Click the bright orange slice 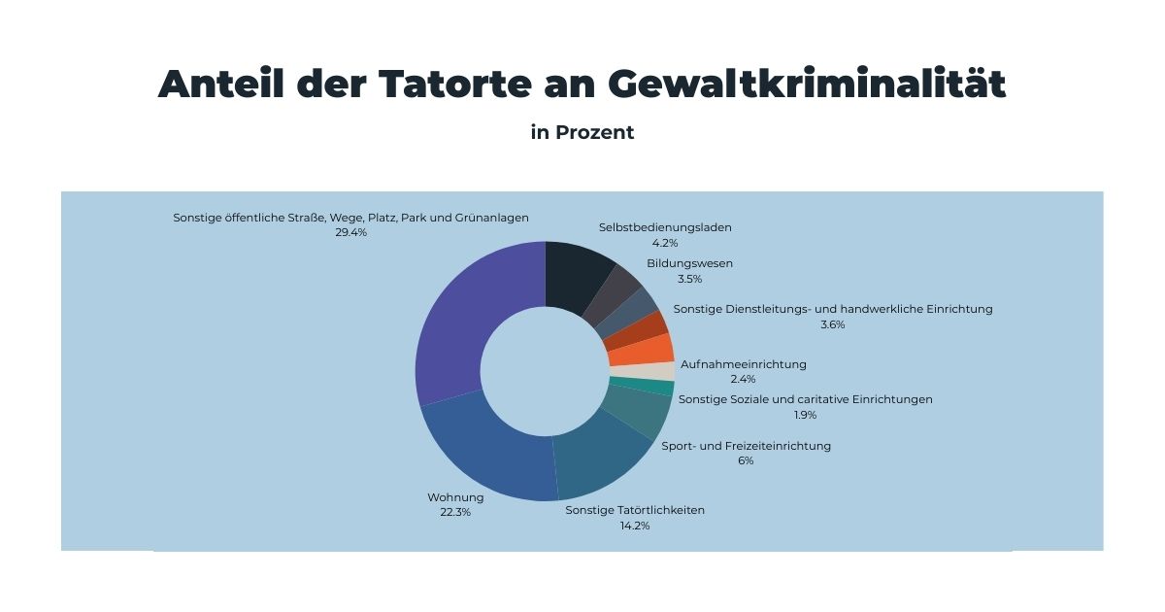point(657,348)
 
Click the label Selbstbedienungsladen point(665,227)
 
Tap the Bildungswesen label point(689,263)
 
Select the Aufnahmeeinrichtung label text point(743,364)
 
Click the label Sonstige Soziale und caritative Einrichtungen point(805,399)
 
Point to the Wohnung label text point(455,497)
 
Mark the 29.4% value point(350,233)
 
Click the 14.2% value point(635,526)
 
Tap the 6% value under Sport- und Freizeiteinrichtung point(746,461)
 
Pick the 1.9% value point(805,415)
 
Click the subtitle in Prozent point(582,132)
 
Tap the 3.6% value point(833,324)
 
